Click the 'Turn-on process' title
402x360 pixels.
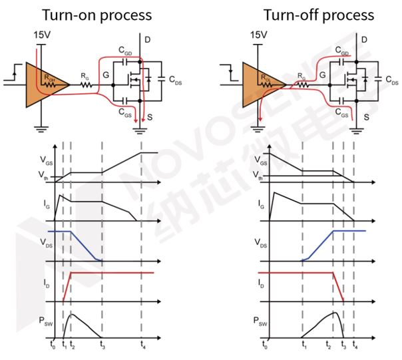pos(106,14)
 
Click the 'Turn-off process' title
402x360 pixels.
pos(309,14)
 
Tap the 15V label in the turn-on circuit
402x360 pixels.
pos(40,33)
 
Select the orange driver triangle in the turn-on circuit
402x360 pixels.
pos(44,84)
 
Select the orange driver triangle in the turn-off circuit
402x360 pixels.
pos(260,84)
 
